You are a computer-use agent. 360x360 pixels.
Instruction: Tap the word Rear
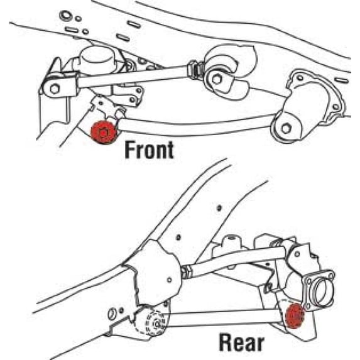(x=241, y=343)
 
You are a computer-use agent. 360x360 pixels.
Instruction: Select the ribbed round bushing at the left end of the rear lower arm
(x=152, y=322)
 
